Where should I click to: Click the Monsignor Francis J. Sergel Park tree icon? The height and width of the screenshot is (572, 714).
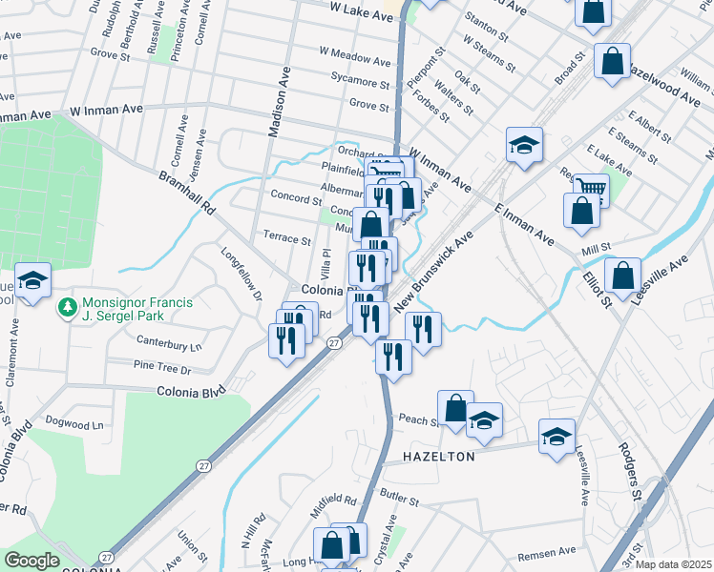[x=68, y=307]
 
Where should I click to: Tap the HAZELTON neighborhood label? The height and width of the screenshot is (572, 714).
[x=437, y=458]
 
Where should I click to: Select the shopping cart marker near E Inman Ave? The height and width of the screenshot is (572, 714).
[x=591, y=188]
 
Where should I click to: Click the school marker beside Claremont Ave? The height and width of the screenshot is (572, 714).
[x=31, y=281]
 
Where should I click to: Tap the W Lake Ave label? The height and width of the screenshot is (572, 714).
[x=361, y=7]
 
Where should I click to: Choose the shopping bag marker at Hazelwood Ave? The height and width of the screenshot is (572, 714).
[x=612, y=61]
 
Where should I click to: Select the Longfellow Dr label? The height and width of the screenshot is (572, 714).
[x=241, y=275]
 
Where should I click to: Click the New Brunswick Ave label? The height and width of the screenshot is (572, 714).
[x=434, y=271]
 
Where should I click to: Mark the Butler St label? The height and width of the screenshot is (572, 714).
[x=399, y=497]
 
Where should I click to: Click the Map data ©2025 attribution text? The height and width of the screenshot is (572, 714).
[x=673, y=564]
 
